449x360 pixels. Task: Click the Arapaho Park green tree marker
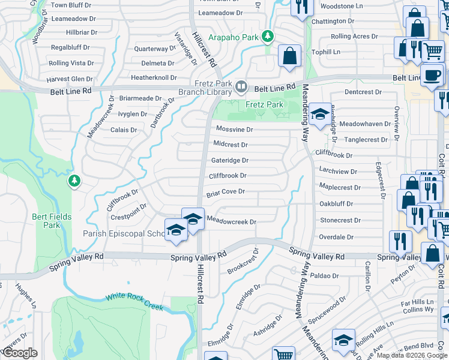click(268, 36)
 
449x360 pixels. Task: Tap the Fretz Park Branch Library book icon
click(241, 86)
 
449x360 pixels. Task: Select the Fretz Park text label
click(264, 104)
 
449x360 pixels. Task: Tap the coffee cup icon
click(431, 75)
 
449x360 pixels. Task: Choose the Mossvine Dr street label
click(234, 129)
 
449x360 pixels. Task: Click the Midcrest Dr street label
click(231, 145)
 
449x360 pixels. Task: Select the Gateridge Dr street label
click(230, 160)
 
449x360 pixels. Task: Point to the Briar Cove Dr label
click(226, 192)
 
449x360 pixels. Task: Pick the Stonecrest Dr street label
click(340, 220)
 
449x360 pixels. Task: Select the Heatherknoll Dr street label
click(154, 77)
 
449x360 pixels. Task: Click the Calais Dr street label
click(124, 130)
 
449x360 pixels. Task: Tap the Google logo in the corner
click(20, 353)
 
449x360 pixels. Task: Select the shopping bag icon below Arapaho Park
click(289, 56)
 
